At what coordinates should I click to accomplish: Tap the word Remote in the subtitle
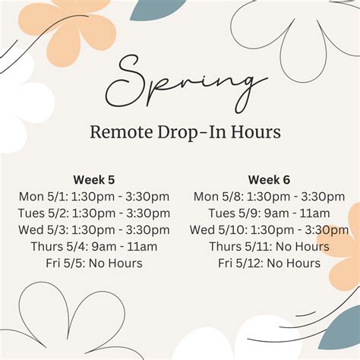(x=122, y=132)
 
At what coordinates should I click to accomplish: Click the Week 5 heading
(x=94, y=180)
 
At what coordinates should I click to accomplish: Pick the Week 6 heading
(x=269, y=180)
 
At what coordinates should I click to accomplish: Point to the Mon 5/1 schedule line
(x=94, y=197)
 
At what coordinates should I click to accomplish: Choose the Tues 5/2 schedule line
(x=94, y=213)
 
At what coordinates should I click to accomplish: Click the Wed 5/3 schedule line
(x=94, y=230)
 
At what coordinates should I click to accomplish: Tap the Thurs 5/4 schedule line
(x=94, y=247)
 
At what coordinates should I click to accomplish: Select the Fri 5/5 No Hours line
(x=94, y=264)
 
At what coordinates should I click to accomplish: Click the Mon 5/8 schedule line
(x=269, y=197)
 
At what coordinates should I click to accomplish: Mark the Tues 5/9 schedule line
(x=269, y=213)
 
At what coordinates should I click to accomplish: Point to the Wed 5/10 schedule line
(x=269, y=230)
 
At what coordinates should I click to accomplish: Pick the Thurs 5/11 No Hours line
(x=269, y=247)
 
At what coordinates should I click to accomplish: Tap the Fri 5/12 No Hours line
(x=269, y=264)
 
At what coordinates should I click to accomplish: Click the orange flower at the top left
(x=68, y=28)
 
